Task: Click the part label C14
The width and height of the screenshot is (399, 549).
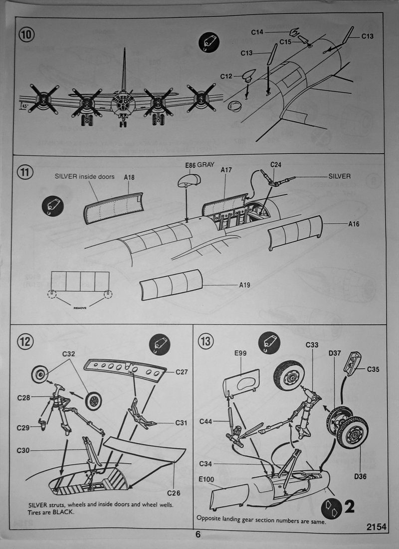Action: click(x=257, y=32)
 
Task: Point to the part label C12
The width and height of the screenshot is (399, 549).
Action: click(x=226, y=76)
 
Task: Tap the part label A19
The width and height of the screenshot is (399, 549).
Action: click(x=244, y=285)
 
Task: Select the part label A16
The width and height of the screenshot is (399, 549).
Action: click(x=354, y=224)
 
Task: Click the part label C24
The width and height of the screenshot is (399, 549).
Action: click(x=276, y=164)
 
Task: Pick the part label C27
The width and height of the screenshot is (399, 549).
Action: click(x=182, y=371)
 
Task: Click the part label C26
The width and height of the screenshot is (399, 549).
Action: click(x=174, y=493)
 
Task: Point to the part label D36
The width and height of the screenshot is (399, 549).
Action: click(x=361, y=477)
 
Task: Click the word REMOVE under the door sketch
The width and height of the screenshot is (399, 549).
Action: click(x=80, y=308)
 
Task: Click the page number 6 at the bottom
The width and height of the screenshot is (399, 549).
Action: click(x=198, y=534)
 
